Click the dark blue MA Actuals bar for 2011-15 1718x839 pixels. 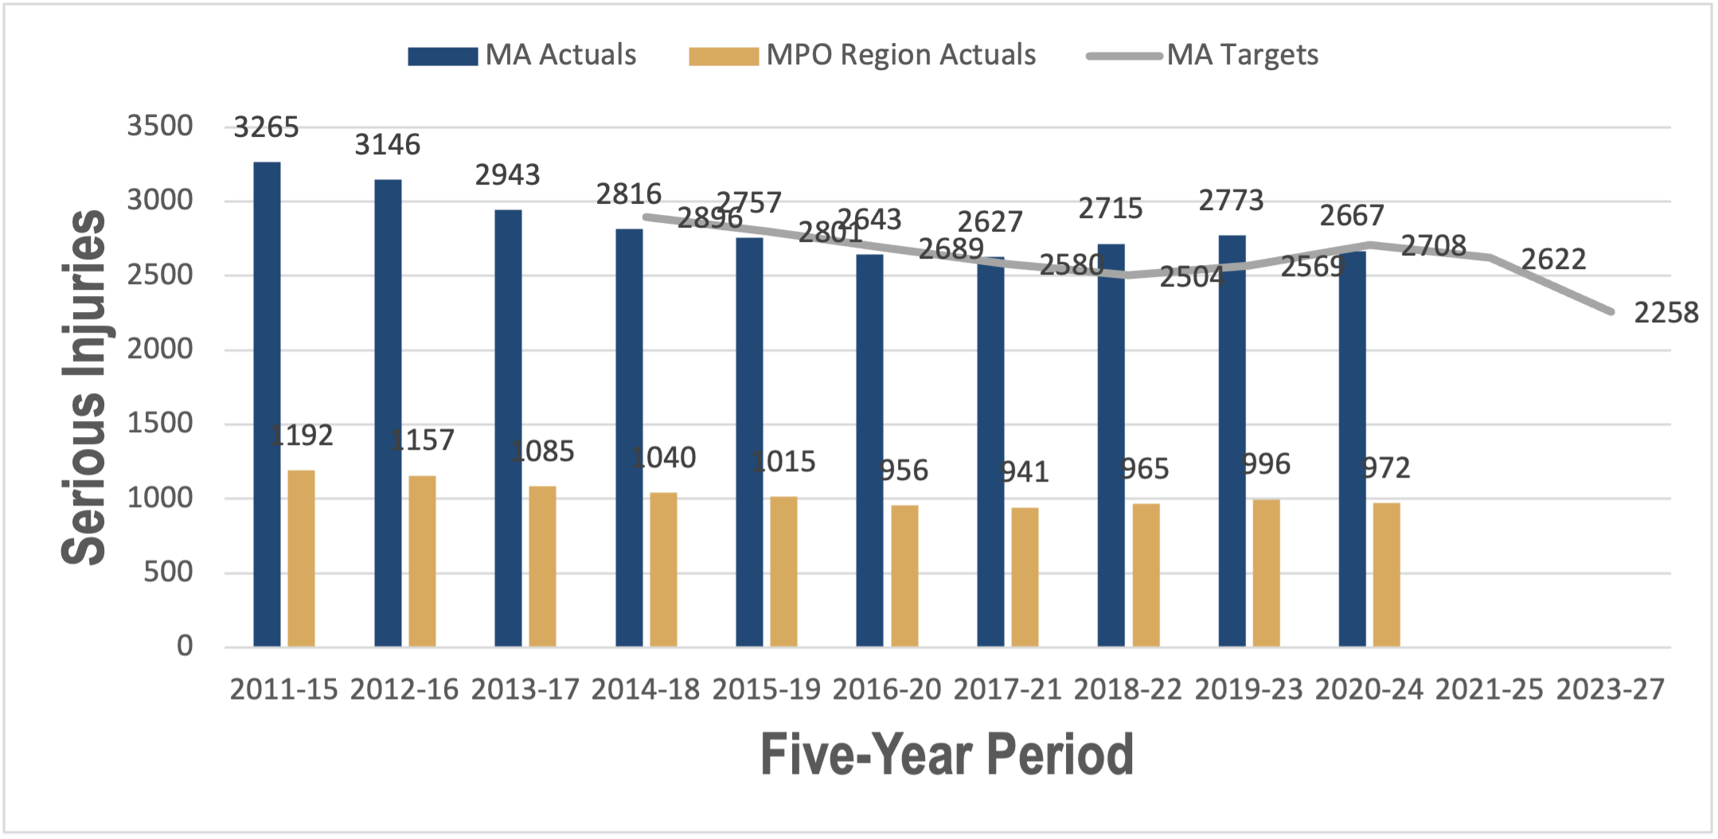(x=267, y=404)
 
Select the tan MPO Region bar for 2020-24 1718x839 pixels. (x=1386, y=575)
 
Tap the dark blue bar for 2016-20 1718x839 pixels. (x=869, y=451)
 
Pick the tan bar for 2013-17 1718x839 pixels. (x=542, y=567)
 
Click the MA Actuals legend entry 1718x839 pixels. (x=522, y=55)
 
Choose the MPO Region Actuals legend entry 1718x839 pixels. (x=863, y=55)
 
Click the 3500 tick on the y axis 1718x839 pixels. (x=160, y=126)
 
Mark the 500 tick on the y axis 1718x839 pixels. (x=168, y=572)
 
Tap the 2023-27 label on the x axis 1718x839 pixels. (x=1610, y=689)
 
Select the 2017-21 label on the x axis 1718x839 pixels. (x=1007, y=689)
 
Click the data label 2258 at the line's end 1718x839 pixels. (x=1665, y=313)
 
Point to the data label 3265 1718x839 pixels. (x=266, y=127)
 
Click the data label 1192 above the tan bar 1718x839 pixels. (x=301, y=435)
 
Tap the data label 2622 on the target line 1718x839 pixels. (x=1553, y=260)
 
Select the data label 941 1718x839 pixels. (x=1025, y=472)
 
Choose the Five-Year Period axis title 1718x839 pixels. (x=947, y=754)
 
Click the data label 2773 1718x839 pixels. (x=1231, y=201)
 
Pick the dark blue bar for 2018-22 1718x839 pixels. (x=1111, y=446)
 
